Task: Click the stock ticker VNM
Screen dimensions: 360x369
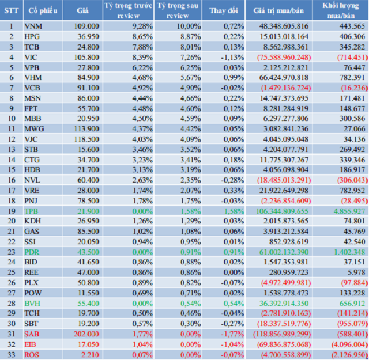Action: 33,26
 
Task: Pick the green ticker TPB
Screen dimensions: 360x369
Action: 32,211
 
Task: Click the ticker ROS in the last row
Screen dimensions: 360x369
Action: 32,355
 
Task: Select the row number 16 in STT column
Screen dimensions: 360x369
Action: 11,180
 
